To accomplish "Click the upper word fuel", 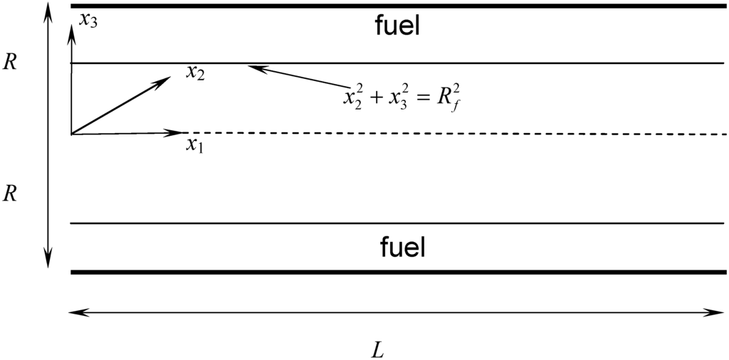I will pos(397,26).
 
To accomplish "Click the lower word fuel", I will pos(402,248).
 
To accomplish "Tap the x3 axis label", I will pos(88,20).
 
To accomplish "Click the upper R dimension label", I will pos(11,62).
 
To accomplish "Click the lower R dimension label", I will pos(11,194).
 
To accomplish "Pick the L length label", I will pos(379,350).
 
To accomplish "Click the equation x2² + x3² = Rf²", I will pos(405,96).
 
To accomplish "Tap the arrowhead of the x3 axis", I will pos(71,28).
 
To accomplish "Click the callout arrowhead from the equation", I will pos(253,68).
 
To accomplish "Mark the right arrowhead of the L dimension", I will pos(719,312).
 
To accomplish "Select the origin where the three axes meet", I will pos(71,134).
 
